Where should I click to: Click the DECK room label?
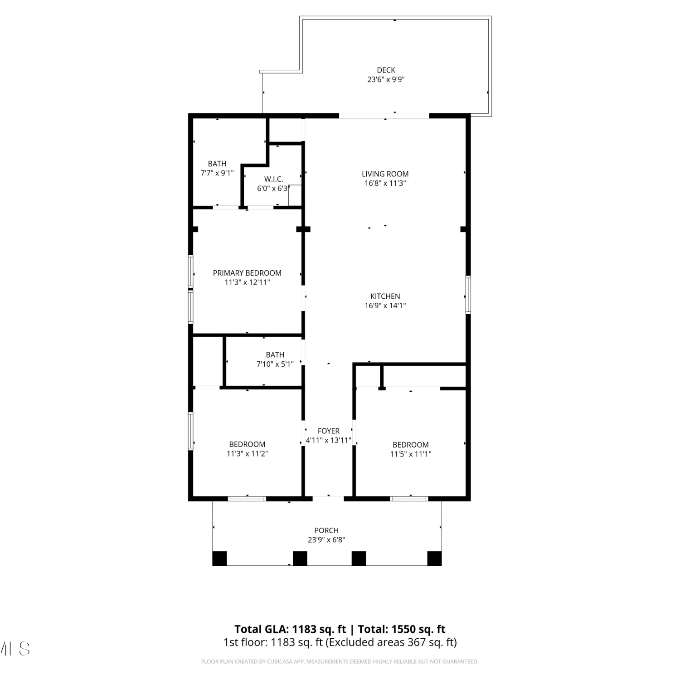coord(386,70)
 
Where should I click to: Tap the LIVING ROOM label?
coord(385,174)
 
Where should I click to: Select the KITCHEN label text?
coord(385,296)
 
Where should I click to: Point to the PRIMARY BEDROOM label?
coord(247,273)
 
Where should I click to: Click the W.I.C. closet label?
coord(274,179)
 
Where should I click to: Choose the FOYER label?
coord(328,431)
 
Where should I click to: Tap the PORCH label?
coord(326,530)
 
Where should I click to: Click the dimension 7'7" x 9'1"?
coord(217,173)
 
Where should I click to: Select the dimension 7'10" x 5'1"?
coord(275,364)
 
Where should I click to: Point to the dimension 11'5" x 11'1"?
coord(411,454)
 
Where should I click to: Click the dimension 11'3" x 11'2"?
coord(247,453)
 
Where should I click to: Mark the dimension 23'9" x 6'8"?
coord(326,539)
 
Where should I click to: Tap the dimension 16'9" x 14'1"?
coord(385,306)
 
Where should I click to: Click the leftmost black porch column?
coord(219,559)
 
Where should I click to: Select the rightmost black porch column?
coord(434,559)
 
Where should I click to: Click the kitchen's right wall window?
coord(468,295)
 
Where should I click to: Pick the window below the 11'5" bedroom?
coord(409,499)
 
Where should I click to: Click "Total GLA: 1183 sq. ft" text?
coord(290,629)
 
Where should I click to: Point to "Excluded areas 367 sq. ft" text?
coord(392,642)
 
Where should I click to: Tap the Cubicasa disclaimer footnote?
coord(340,661)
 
